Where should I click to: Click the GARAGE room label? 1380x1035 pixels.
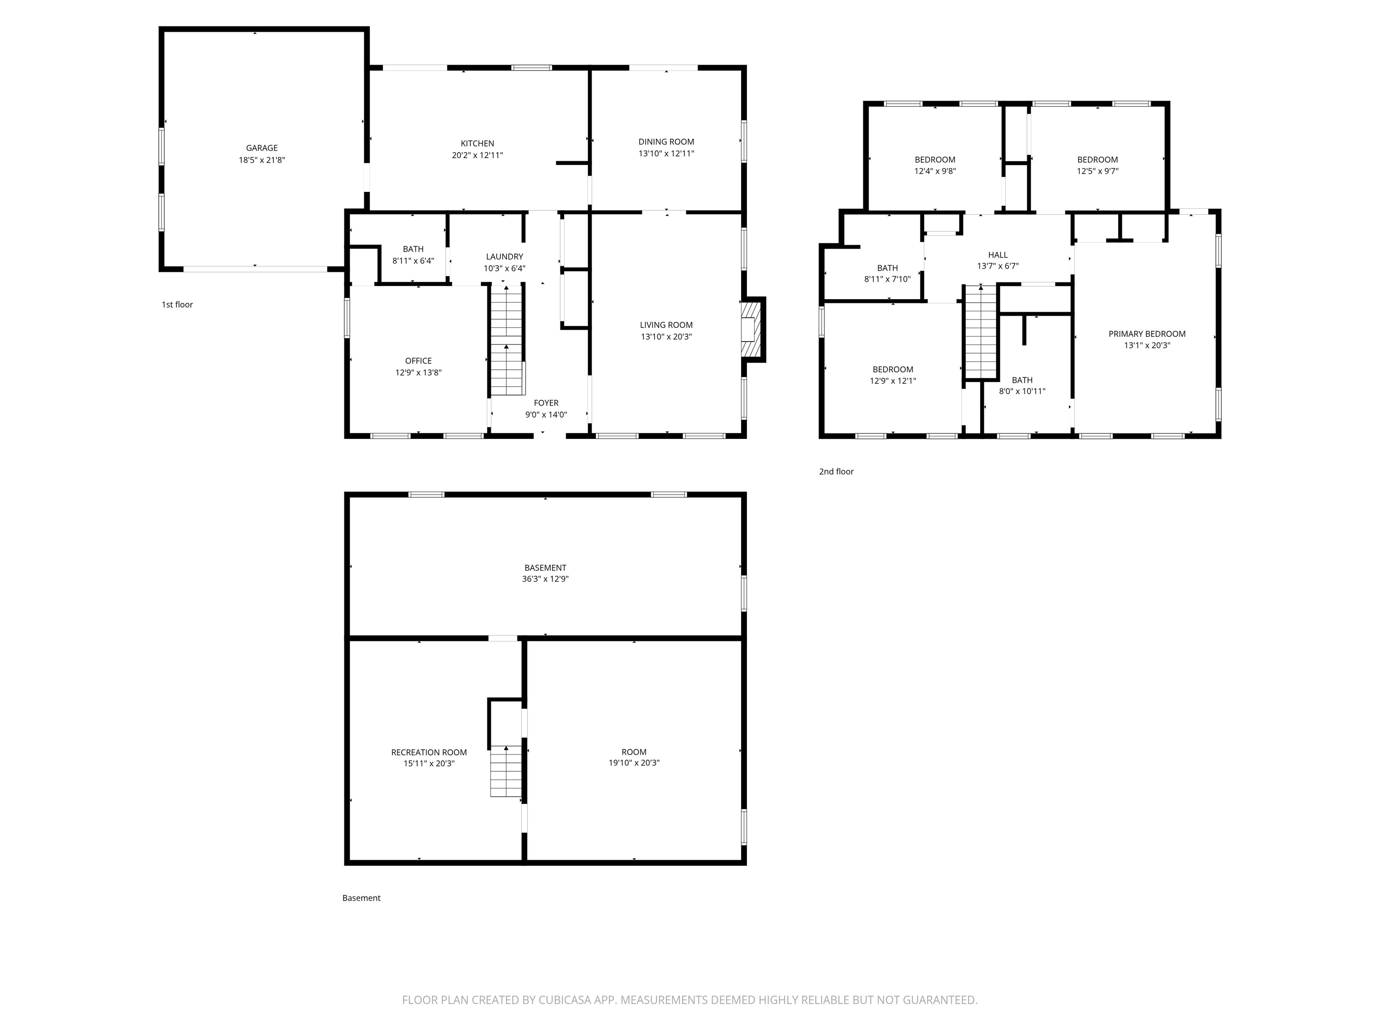coord(261,148)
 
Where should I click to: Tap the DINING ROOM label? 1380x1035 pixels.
coord(666,142)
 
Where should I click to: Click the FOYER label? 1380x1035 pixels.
coord(546,403)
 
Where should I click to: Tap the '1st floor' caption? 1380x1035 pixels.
coord(177,305)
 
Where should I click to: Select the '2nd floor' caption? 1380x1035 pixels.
coord(836,472)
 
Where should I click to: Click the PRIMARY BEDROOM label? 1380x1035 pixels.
coord(1147,334)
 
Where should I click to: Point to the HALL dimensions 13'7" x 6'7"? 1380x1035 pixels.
coord(998,266)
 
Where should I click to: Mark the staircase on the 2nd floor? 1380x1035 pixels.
coord(981,332)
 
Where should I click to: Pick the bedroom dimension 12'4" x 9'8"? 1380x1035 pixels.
coord(934,171)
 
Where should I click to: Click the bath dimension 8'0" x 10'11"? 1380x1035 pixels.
coord(1022,391)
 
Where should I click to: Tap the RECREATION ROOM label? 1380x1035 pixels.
coord(429,752)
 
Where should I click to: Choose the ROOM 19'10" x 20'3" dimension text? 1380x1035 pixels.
coord(634,763)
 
